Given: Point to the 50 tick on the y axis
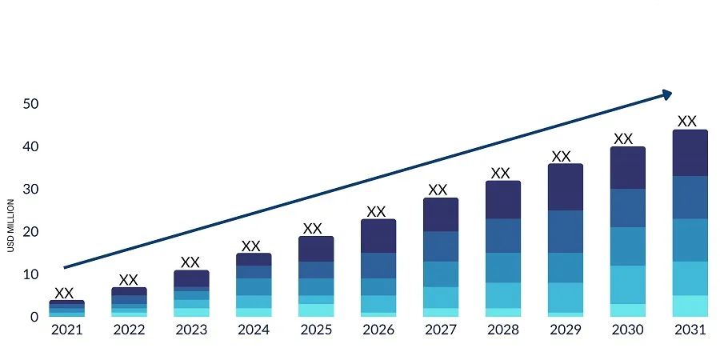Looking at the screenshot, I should (30, 104).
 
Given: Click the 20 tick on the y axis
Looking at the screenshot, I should (30, 232).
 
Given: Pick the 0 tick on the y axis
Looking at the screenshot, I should (34, 318).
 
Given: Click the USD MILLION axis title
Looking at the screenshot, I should (11, 224).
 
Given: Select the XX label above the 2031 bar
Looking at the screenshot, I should (687, 122).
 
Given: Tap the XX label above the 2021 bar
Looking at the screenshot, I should (64, 294).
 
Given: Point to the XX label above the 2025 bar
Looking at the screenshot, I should (313, 229).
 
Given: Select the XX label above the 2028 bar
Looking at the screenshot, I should (500, 173).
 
